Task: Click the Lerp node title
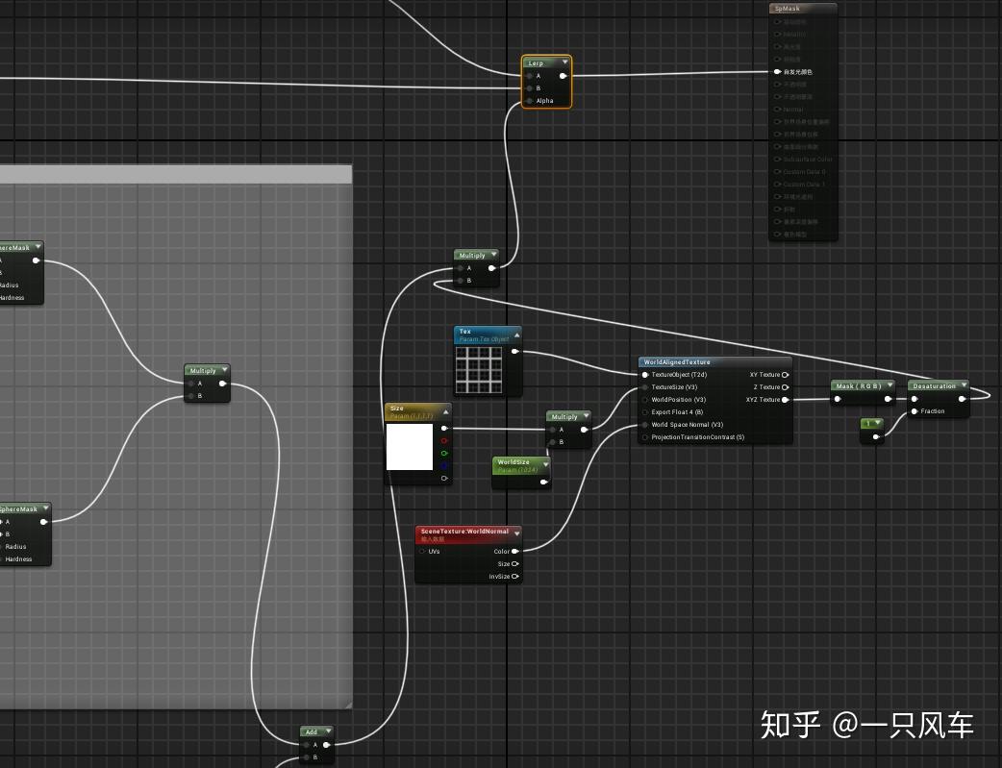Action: coord(537,63)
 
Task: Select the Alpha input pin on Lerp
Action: coord(544,101)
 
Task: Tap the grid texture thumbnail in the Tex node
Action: coord(479,370)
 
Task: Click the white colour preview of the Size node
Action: coord(410,447)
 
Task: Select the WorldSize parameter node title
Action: coord(514,462)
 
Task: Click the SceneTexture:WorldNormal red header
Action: coord(465,532)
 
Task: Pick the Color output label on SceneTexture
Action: coord(502,552)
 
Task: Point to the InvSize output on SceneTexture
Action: coord(499,577)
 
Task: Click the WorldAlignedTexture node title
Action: coord(678,362)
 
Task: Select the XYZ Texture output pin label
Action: coord(764,400)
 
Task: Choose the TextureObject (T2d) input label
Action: coord(679,375)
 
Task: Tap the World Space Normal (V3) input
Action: coord(687,425)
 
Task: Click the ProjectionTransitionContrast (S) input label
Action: coord(697,437)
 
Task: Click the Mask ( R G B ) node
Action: coord(859,386)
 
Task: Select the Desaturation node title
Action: coord(934,386)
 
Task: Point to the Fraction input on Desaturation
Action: coord(933,411)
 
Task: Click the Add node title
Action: coord(312,732)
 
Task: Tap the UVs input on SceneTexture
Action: coord(434,552)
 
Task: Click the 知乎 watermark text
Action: coord(790,725)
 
